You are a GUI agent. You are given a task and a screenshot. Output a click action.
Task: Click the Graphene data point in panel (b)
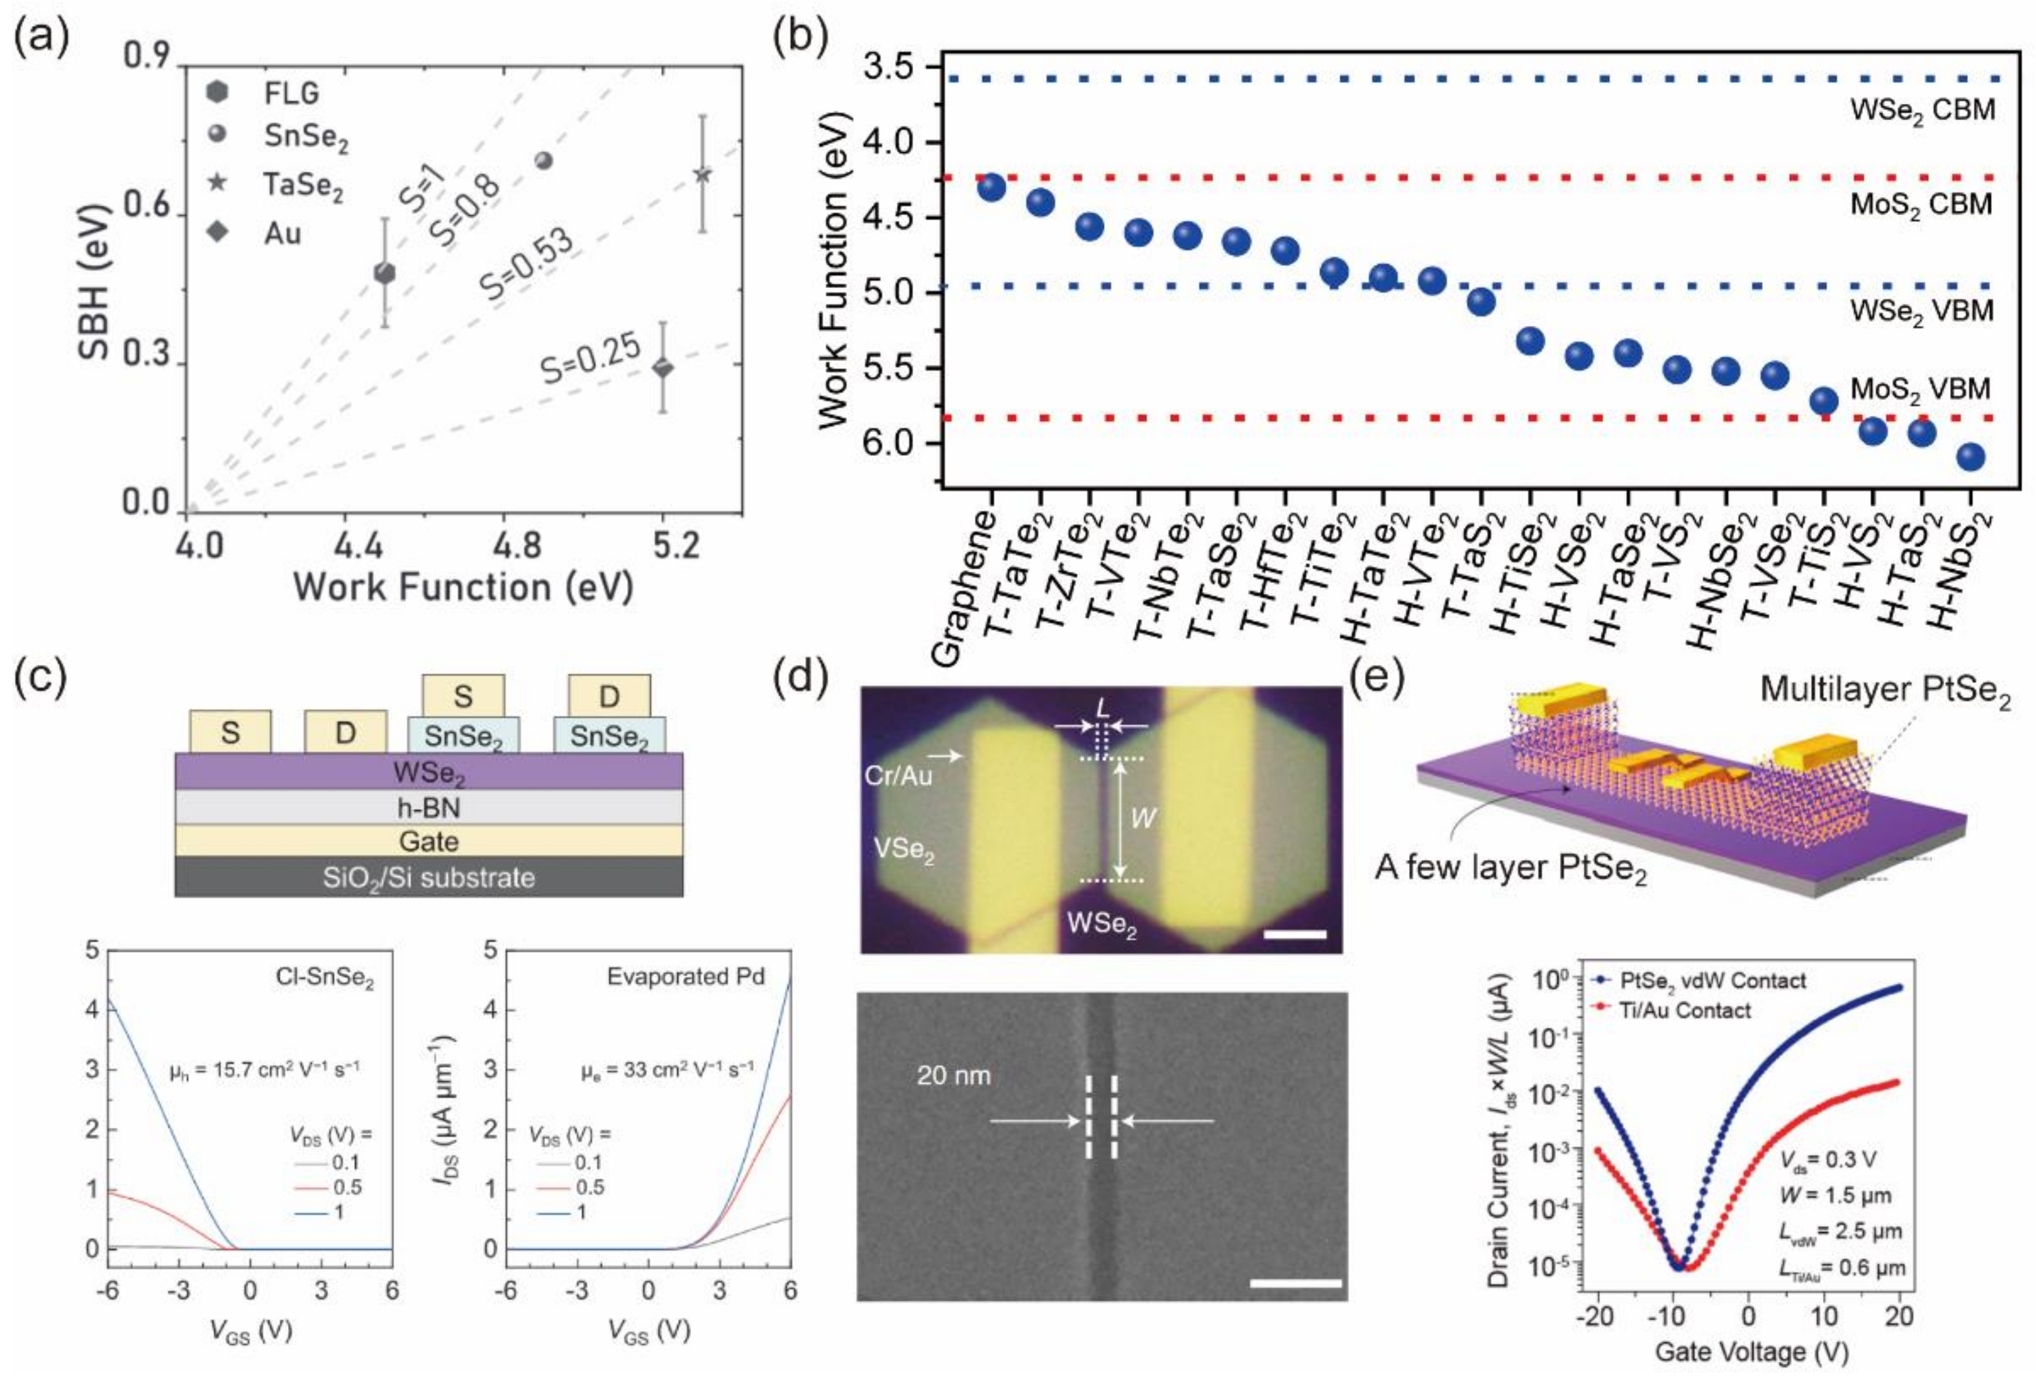tap(991, 187)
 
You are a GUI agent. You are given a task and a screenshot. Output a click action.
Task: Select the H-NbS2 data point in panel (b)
tap(1970, 456)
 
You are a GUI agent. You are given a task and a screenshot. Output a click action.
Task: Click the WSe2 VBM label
tap(1921, 312)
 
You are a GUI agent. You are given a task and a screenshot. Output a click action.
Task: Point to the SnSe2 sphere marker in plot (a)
tap(543, 160)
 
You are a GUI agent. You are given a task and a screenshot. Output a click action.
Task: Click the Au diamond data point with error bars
tap(663, 368)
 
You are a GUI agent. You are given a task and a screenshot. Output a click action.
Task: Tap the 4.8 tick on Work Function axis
tap(517, 547)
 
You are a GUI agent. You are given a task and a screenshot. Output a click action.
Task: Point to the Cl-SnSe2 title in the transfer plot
tap(324, 977)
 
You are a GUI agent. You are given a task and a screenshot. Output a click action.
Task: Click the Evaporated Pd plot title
tap(685, 976)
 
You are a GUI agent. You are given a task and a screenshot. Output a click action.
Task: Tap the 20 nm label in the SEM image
tap(953, 1075)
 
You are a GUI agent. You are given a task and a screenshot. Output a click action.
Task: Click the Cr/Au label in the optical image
tap(898, 775)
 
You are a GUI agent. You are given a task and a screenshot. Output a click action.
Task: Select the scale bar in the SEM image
tap(1295, 1283)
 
